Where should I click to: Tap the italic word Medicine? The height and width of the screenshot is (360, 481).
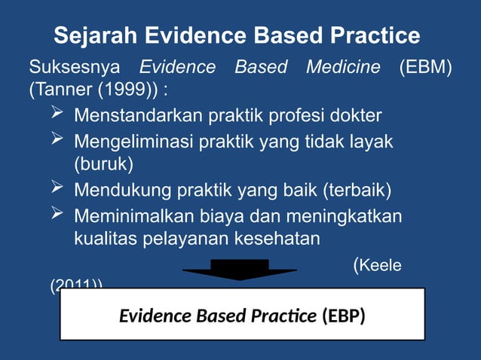click(343, 67)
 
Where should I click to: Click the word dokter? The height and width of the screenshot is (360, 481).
click(357, 116)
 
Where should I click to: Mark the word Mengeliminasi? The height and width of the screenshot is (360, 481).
click(133, 141)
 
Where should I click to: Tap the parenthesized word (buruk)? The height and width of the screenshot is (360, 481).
click(103, 163)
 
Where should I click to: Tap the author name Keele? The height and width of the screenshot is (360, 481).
click(380, 265)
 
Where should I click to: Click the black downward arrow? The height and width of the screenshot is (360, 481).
click(239, 270)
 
